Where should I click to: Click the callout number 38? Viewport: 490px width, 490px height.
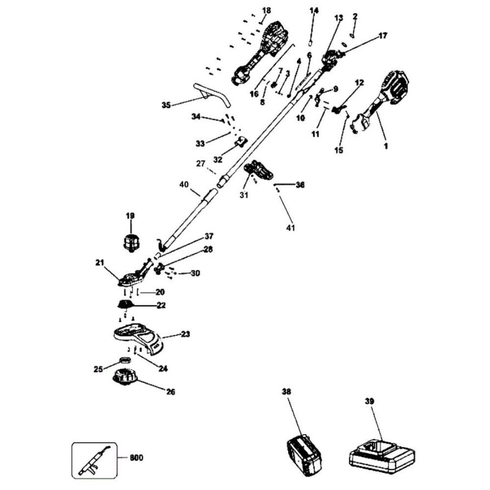coord(287,392)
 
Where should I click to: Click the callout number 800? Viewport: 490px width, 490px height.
coord(137,459)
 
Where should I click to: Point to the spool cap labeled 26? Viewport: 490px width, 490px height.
coord(125,380)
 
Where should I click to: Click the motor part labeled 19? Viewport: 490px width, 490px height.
coord(130,242)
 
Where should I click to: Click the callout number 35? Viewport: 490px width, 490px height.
coord(167,104)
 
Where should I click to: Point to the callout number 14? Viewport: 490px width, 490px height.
coord(314,10)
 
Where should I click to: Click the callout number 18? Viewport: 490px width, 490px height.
coord(266,10)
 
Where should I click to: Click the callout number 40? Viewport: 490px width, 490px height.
coord(184,185)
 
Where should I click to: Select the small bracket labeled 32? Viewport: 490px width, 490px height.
coord(239,142)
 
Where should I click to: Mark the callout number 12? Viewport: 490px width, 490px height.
coord(359,83)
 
